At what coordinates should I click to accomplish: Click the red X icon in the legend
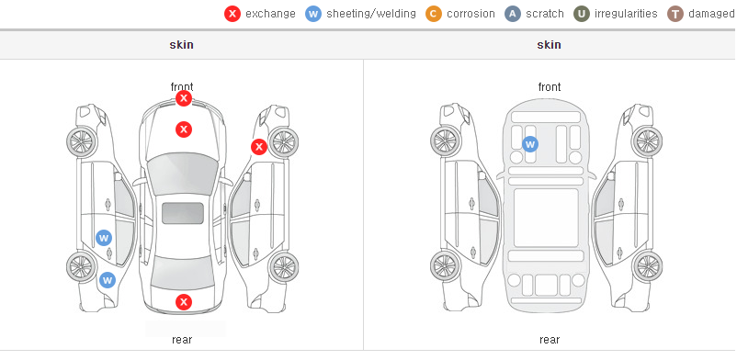(232, 14)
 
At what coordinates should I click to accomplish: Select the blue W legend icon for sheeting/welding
(313, 14)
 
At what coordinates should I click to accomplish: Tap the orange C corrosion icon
(434, 14)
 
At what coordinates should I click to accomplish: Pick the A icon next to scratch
(513, 14)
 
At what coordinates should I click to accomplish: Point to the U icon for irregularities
(582, 14)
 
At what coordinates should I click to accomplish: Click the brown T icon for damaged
(675, 14)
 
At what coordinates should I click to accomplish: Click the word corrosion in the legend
(471, 14)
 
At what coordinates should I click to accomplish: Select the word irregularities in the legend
(626, 14)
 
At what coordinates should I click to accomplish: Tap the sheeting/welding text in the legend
(371, 14)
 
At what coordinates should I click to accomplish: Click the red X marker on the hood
(184, 129)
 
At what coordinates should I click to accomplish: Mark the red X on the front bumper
(184, 98)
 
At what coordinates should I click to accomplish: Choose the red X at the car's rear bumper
(184, 302)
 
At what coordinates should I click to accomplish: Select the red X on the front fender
(259, 147)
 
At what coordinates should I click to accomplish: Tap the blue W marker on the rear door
(104, 238)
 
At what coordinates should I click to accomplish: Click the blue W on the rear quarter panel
(108, 280)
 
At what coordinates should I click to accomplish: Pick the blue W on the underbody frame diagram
(530, 144)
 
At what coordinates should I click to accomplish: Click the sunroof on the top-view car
(183, 213)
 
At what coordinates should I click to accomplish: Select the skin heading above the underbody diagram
(549, 45)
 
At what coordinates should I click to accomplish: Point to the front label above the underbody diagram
(550, 87)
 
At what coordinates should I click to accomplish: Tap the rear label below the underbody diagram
(550, 339)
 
